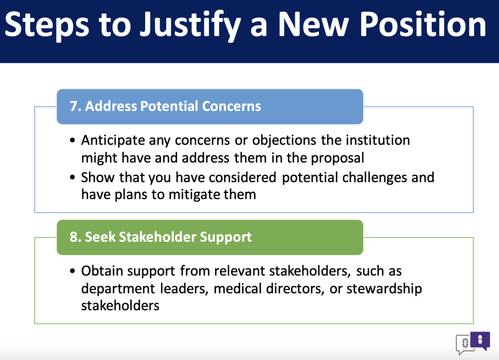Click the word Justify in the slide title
190,25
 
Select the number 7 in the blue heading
73,106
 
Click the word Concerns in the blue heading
232,106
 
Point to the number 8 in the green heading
73,237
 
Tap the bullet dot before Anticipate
72,140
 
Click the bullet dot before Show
72,178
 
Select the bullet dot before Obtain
72,271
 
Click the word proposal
337,159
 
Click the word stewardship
384,289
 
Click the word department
118,289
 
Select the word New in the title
313,25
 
